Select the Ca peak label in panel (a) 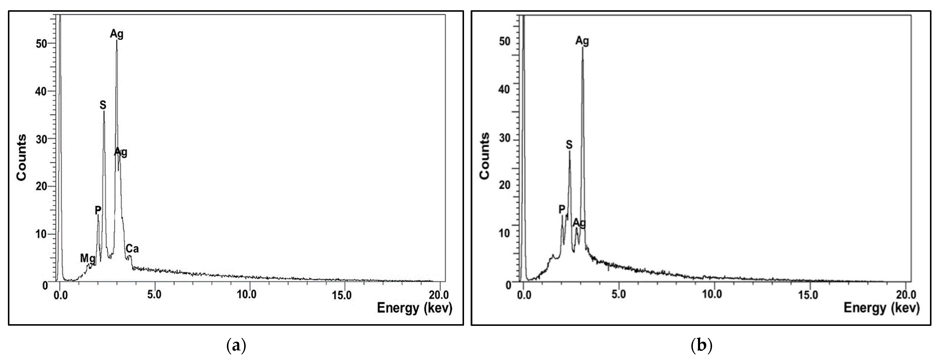[132, 249]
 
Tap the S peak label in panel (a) [103, 105]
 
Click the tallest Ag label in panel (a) [117, 34]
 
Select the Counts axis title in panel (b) [485, 156]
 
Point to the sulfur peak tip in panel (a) [104, 112]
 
